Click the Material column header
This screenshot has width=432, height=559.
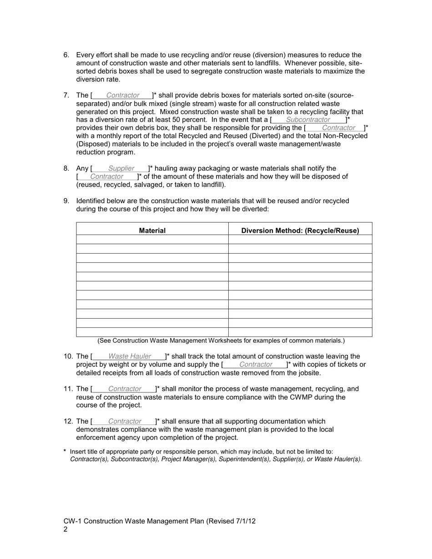coord(152,230)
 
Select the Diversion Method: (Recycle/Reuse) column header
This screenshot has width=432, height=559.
coord(300,230)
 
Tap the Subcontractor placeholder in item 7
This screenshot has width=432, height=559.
coord(308,120)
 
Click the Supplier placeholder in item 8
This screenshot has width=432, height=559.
coord(121,169)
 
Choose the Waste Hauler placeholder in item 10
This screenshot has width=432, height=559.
coord(130,357)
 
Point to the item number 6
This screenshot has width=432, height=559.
coord(66,55)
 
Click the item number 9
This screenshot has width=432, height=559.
coord(66,201)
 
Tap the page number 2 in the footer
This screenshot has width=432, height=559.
coord(65,529)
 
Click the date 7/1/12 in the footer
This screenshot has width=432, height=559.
coord(246,521)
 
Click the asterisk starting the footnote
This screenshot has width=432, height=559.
coord(65,452)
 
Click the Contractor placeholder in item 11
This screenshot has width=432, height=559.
coord(125,389)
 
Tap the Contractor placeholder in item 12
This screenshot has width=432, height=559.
coord(125,422)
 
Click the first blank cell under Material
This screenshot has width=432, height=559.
coord(152,240)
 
